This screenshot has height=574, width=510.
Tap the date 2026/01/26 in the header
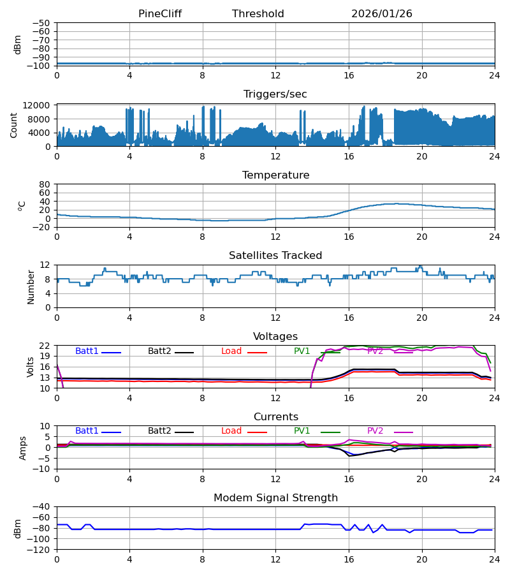point(381,14)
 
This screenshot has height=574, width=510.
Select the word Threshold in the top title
point(258,14)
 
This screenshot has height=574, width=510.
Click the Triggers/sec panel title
point(275,94)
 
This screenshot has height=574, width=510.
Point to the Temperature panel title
point(275,175)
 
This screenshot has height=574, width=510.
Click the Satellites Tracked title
point(275,256)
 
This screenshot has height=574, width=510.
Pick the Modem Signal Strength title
point(275,498)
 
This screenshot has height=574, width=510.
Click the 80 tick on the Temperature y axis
point(45,184)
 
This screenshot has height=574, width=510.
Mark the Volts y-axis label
point(31,367)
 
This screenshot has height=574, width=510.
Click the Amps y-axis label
point(24,448)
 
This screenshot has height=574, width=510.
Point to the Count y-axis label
point(14,125)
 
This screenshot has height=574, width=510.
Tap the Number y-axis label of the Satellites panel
point(31,286)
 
